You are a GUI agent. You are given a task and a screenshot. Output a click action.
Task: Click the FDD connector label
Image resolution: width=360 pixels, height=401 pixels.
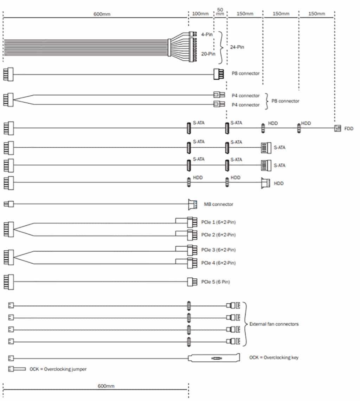[349, 129]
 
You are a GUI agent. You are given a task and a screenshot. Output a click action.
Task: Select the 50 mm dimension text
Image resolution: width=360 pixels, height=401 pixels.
[220, 12]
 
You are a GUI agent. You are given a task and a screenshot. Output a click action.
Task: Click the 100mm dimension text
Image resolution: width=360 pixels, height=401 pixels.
[200, 14]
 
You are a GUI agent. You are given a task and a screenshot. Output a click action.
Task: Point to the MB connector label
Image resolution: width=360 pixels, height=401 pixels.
[218, 204]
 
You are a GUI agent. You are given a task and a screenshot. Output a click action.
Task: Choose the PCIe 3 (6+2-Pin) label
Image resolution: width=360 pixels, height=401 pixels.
[218, 250]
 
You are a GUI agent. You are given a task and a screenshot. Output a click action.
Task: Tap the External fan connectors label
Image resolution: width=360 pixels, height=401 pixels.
[274, 324]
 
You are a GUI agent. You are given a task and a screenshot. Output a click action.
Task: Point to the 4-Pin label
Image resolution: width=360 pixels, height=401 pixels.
[207, 34]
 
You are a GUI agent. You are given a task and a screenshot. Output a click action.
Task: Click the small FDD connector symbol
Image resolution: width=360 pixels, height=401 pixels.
[337, 129]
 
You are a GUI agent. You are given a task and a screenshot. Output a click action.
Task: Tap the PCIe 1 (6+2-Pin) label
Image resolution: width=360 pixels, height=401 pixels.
[218, 222]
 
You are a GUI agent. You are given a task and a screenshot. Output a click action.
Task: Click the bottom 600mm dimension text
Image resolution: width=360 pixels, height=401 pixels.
[106, 386]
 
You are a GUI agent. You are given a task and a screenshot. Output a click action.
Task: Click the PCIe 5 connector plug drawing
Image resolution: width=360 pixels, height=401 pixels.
[192, 282]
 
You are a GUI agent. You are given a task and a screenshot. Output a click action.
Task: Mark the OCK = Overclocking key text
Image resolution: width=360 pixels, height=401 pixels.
[274, 358]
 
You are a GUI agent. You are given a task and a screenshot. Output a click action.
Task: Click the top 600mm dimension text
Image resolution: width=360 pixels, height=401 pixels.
[102, 14]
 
